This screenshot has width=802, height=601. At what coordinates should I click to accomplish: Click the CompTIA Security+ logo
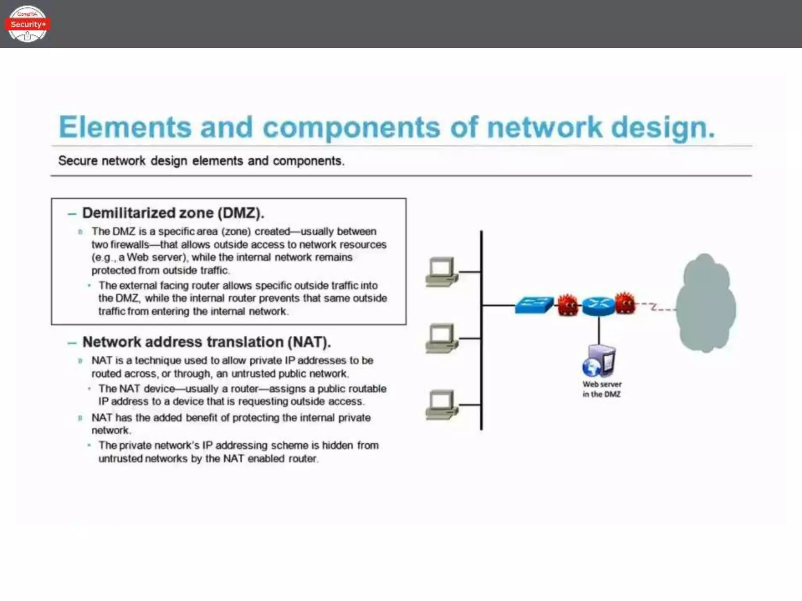27,24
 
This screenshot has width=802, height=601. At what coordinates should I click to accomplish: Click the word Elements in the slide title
125,127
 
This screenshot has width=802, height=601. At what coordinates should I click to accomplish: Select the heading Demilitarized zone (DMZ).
173,213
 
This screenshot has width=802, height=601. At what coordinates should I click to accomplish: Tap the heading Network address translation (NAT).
206,342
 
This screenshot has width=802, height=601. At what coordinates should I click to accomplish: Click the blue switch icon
534,305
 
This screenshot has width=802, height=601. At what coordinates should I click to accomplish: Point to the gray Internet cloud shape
705,303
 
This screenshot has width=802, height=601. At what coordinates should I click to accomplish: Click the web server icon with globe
599,361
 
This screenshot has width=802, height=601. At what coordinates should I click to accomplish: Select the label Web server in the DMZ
601,389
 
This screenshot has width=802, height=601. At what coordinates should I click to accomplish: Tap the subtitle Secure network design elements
201,161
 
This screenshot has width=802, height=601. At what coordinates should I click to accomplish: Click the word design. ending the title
663,128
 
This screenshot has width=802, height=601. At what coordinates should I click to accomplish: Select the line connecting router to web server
599,331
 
